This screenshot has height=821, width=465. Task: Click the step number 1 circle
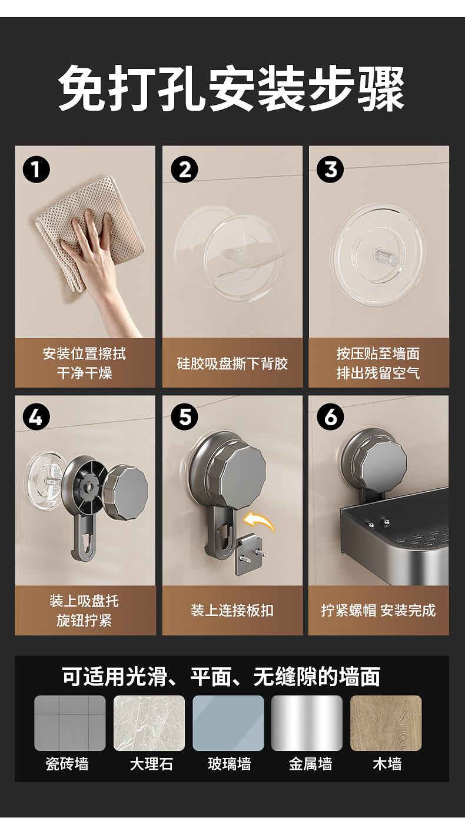click(36, 170)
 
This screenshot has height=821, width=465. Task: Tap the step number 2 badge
click(184, 170)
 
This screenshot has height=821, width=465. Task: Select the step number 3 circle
click(330, 170)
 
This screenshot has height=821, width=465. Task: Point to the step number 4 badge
click(36, 417)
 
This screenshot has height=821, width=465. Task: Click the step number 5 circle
click(184, 417)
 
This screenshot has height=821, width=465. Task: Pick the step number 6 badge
click(330, 417)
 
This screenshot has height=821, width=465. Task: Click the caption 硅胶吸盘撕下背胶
click(232, 363)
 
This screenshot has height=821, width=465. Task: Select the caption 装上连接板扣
click(232, 610)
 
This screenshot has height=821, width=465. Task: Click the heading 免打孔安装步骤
click(231, 88)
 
